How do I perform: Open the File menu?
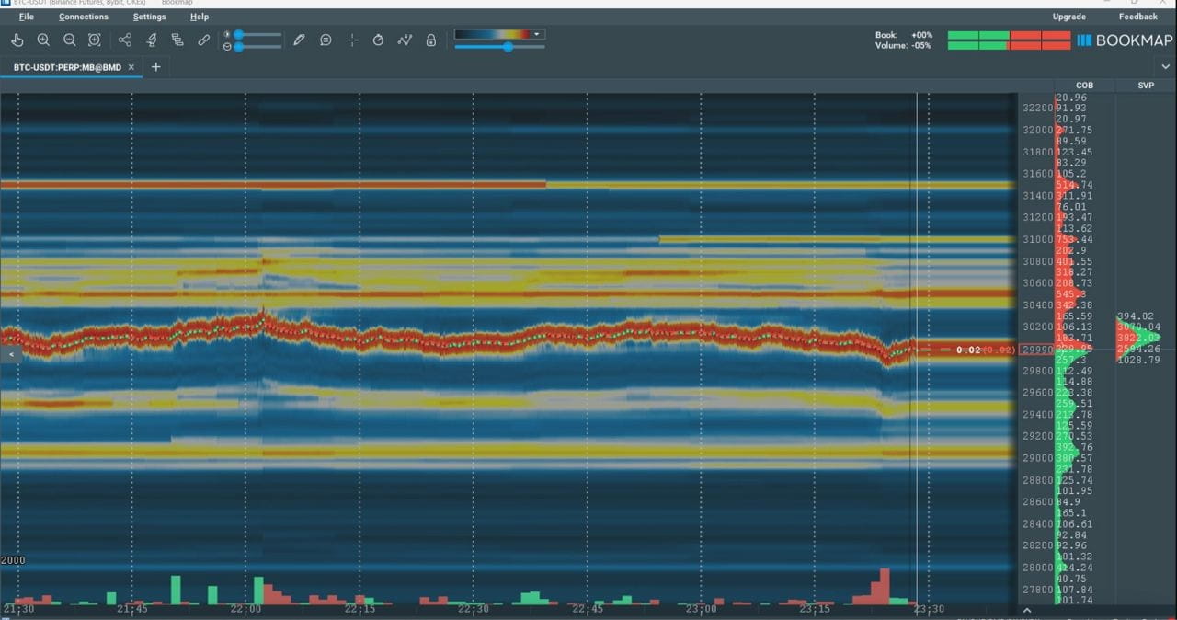click(26, 17)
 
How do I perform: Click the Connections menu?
click(83, 17)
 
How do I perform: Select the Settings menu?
click(149, 17)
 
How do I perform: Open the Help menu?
click(200, 17)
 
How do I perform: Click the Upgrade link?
click(1068, 17)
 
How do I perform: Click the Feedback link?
click(1137, 17)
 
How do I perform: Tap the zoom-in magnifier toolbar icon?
click(43, 40)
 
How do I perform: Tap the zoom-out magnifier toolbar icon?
click(69, 40)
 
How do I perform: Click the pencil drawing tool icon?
click(299, 40)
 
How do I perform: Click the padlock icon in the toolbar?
click(430, 40)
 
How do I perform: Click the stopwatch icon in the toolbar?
click(378, 40)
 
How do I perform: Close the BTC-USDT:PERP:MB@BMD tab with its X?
click(131, 67)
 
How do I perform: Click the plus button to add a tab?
click(155, 67)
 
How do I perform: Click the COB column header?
click(1084, 86)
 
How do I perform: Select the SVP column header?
click(1146, 86)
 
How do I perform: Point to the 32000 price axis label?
click(1037, 130)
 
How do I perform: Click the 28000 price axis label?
click(1037, 568)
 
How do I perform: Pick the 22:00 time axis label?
click(246, 609)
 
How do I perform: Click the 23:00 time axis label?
click(702, 609)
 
